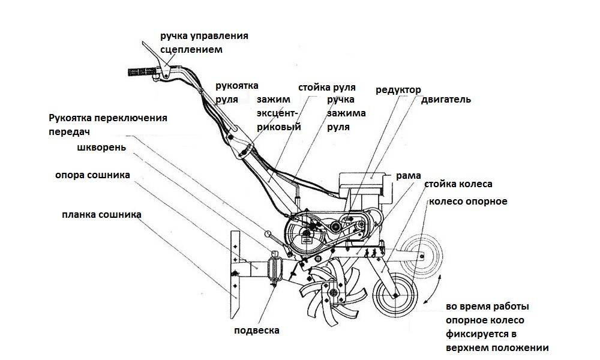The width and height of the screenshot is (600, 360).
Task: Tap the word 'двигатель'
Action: click(443, 100)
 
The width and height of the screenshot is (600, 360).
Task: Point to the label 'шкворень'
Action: click(101, 147)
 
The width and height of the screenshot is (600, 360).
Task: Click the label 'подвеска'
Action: click(257, 330)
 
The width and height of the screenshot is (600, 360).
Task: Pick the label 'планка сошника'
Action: click(101, 214)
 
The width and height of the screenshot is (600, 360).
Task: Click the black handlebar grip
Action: click(142, 72)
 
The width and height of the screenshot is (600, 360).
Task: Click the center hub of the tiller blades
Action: click(332, 292)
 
